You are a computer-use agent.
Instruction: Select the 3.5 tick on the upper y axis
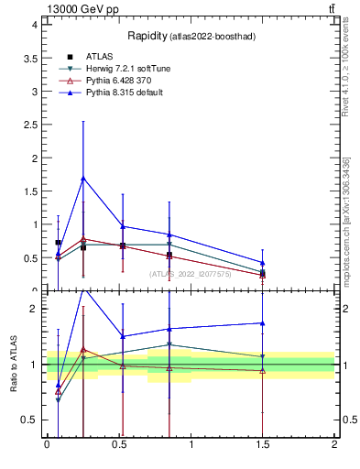coord(28,58)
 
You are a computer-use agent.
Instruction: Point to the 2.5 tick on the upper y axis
coord(28,125)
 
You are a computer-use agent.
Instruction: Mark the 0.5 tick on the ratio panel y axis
coord(28,420)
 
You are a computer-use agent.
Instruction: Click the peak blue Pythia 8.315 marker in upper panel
coord(83,178)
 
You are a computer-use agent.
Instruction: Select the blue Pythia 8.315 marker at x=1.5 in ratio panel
coord(263,322)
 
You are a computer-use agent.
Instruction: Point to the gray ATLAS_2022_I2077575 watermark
coord(190,274)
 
